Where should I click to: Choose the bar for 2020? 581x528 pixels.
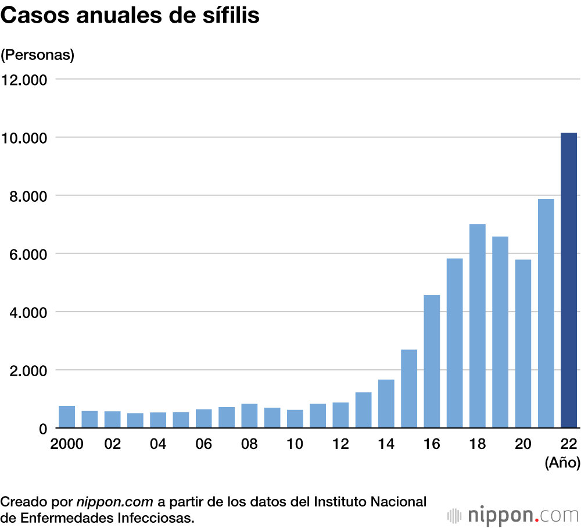(x=523, y=344)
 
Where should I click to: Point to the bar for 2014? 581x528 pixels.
(x=386, y=404)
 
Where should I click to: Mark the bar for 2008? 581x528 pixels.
(x=249, y=416)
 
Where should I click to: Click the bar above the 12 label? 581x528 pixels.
(x=340, y=415)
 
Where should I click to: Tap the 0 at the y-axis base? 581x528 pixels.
(x=42, y=429)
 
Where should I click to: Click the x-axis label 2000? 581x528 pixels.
(x=67, y=444)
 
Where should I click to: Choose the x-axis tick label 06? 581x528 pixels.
(x=203, y=444)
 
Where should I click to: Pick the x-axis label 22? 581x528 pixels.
(x=568, y=444)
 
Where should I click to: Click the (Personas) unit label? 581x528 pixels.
(x=38, y=55)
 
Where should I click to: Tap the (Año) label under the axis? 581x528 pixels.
(x=562, y=463)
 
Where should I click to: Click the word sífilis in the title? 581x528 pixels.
(x=228, y=16)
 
